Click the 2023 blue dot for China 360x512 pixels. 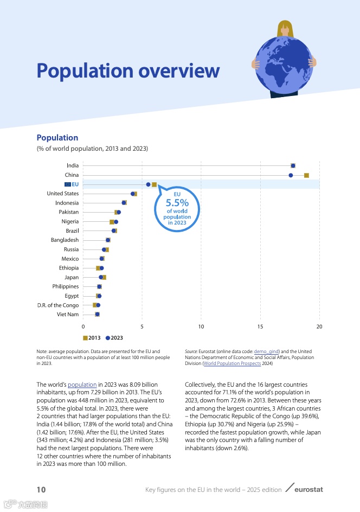click(x=291, y=175)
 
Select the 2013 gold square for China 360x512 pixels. click(x=306, y=175)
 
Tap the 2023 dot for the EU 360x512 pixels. click(x=148, y=184)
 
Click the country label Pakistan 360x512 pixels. click(x=68, y=212)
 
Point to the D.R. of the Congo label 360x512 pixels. click(x=58, y=305)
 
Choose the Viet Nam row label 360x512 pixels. click(x=68, y=315)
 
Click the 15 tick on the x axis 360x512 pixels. click(x=260, y=327)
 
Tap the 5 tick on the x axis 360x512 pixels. click(x=142, y=327)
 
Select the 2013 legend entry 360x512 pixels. click(x=92, y=338)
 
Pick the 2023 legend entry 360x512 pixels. click(x=114, y=338)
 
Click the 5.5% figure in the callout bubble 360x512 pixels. click(x=177, y=203)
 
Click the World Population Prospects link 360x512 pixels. click(x=233, y=364)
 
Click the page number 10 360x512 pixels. click(x=41, y=490)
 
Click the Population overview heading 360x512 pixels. click(x=128, y=71)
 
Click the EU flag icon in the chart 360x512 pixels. click(x=67, y=184)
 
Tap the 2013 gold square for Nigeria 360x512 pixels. click(x=112, y=222)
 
